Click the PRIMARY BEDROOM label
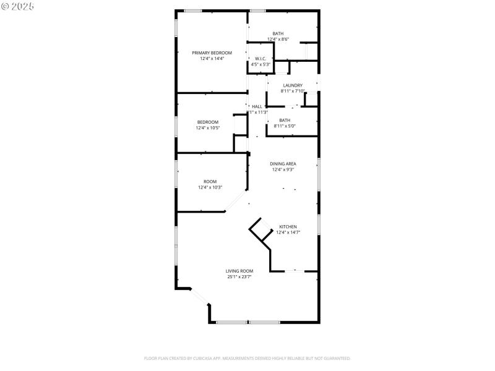(212, 53)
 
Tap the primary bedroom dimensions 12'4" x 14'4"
(212, 59)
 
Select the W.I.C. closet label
(260, 59)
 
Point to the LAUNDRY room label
(293, 85)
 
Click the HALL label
(257, 106)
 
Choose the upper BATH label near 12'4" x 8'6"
(278, 33)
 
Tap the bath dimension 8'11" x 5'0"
(285, 126)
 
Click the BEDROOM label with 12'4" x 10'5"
(208, 122)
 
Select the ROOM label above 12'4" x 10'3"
(210, 182)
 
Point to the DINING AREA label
(283, 164)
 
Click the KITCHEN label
(288, 227)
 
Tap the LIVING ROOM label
(239, 271)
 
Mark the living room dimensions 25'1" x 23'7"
(239, 277)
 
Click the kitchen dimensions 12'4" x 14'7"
(288, 232)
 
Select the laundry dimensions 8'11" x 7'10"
(293, 91)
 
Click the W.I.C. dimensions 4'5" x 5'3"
(260, 64)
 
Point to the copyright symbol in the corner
(5, 6)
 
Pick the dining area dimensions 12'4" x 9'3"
(283, 169)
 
